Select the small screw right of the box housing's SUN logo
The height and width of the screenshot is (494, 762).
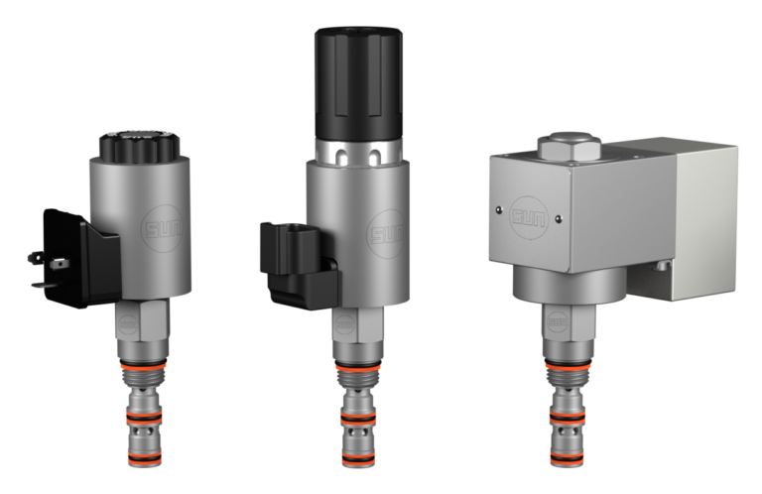pos(560,218)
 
